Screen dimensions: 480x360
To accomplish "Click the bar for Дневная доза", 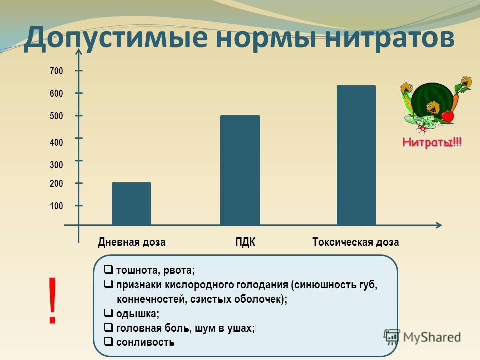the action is (131, 204).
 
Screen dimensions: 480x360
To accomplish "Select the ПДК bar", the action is (240, 170).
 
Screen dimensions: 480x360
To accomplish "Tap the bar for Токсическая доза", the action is (356, 155).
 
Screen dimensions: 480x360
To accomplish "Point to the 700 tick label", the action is (56, 71).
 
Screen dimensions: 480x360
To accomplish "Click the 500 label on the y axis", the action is (56, 116).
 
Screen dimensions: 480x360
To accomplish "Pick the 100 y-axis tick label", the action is (56, 206).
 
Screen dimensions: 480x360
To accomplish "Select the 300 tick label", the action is (56, 165).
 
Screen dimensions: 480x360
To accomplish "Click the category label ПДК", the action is (245, 242).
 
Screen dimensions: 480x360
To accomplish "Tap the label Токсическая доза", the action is (355, 242).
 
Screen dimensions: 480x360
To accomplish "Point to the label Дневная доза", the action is (132, 242).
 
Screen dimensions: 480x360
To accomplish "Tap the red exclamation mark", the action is (52, 300).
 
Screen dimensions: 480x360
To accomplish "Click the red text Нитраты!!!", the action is (432, 142).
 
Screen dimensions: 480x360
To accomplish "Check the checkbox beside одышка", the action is (108, 313).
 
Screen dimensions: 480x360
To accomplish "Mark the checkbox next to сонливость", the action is (108, 341).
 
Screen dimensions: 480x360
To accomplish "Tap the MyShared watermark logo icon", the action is (392, 337).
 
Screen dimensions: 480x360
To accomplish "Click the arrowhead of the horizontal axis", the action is (439, 225).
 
